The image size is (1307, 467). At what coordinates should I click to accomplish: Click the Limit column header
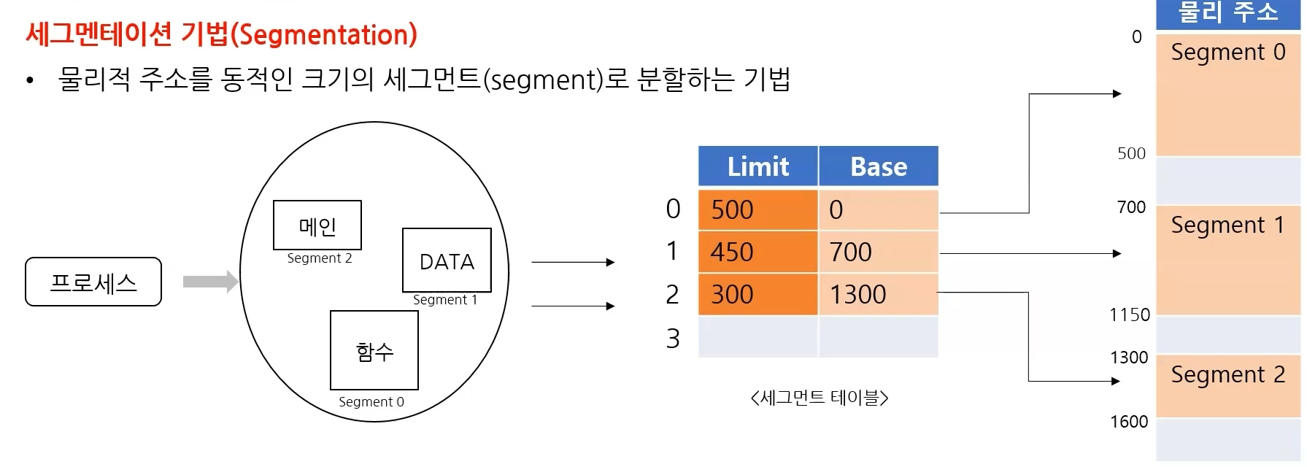[757, 166]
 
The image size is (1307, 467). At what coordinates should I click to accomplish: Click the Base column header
[878, 166]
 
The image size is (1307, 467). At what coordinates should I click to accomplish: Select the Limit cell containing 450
[757, 252]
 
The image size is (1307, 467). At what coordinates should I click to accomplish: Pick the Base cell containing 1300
[878, 295]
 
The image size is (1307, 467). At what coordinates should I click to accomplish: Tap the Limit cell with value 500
[757, 210]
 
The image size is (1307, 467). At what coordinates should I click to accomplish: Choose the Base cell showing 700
[878, 252]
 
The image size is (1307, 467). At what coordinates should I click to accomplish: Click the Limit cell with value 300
[757, 295]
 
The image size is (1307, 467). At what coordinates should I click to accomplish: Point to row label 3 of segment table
[673, 339]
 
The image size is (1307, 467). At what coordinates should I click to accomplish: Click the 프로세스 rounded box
[93, 282]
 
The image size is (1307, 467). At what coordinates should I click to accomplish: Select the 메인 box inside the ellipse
[317, 225]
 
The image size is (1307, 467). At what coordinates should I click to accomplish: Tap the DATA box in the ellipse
[447, 260]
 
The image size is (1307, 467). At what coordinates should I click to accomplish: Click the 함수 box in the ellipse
[374, 351]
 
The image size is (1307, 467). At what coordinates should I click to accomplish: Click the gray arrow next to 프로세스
[210, 282]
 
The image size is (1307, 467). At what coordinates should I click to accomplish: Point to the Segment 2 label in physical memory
[1227, 374]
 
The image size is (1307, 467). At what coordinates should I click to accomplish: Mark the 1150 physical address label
[1129, 315]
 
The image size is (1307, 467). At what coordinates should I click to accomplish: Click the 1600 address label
[1129, 422]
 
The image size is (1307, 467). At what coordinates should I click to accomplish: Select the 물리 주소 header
[1227, 12]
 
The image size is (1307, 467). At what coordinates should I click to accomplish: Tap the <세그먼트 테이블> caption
[819, 398]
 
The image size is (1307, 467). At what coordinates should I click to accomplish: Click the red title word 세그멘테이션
[99, 34]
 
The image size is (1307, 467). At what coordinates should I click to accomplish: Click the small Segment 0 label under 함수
[371, 402]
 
